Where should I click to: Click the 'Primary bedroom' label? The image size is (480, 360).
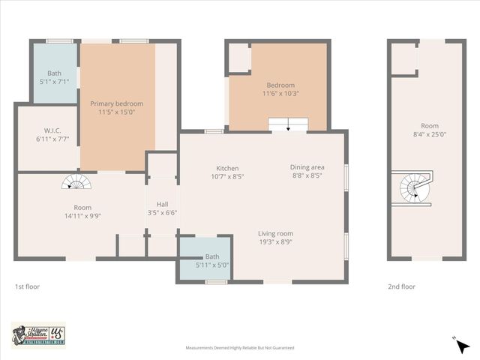tap(116, 103)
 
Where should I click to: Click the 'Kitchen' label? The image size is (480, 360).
tap(227, 168)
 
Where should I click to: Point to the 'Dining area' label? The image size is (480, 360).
tap(306, 167)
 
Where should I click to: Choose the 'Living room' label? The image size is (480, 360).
tap(275, 233)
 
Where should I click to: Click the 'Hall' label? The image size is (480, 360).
tap(162, 204)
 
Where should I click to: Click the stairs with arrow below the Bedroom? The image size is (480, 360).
tap(288, 124)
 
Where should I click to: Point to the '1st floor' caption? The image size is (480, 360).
tap(27, 286)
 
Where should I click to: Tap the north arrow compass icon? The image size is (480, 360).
tap(462, 346)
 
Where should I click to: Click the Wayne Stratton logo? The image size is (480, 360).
tap(38, 334)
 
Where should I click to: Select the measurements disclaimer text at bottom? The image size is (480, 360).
tap(240, 348)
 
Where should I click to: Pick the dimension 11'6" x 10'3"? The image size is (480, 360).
tap(279, 94)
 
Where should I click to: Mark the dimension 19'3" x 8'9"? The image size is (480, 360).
tap(275, 241)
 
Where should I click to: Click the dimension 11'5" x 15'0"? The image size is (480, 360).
tap(116, 112)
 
